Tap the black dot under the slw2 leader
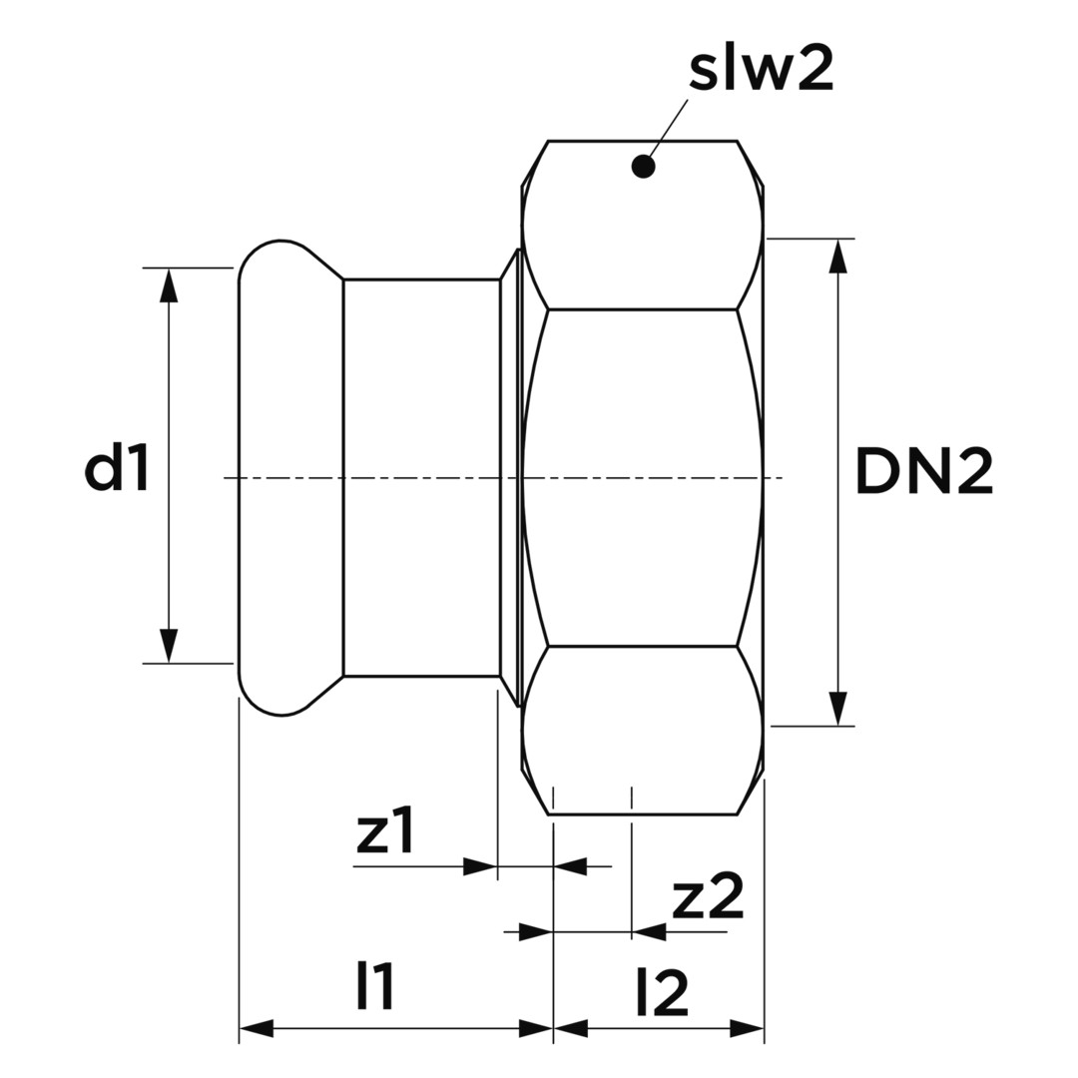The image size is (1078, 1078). click(644, 167)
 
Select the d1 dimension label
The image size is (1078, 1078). click(117, 468)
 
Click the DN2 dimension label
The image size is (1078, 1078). click(924, 472)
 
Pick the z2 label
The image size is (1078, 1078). click(708, 898)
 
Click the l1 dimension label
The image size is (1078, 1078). click(375, 987)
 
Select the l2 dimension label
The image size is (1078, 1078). click(661, 994)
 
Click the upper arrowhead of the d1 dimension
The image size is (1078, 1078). click(169, 284)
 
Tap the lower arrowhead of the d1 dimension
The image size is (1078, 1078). click(169, 646)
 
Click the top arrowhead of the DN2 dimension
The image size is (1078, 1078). click(838, 256)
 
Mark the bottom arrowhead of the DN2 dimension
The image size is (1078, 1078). click(838, 709)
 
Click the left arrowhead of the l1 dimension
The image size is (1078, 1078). click(257, 1028)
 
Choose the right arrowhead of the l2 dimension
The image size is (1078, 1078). click(747, 1028)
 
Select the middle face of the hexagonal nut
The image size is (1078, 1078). click(642, 477)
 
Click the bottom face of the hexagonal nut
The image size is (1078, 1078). click(642, 729)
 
